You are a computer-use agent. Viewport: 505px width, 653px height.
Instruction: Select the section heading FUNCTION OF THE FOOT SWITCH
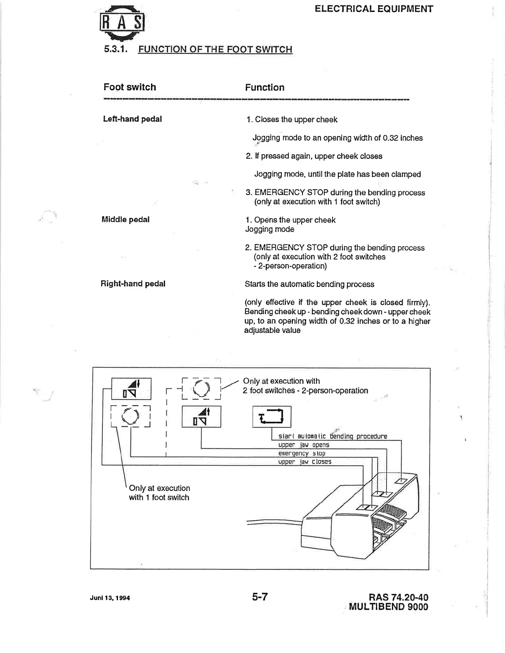215,49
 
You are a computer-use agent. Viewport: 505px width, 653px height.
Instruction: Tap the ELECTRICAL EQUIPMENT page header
373,9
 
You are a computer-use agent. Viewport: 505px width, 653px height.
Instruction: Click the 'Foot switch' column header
130,87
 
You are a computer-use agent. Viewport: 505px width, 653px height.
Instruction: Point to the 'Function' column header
264,87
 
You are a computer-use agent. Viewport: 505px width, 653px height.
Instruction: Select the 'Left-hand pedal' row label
132,119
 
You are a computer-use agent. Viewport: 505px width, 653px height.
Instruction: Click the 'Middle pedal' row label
125,219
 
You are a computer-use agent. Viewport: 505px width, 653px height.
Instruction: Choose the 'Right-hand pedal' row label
133,284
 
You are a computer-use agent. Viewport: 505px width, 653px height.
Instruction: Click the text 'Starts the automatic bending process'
309,284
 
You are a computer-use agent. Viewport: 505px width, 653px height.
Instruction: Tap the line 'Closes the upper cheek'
296,120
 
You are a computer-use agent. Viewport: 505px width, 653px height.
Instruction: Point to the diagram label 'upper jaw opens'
304,445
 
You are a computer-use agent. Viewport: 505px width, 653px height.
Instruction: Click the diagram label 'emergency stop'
302,453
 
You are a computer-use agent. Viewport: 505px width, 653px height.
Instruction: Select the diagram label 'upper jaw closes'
304,462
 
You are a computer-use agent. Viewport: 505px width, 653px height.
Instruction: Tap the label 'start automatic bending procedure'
333,436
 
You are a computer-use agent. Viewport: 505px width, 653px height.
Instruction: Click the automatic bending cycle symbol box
271,417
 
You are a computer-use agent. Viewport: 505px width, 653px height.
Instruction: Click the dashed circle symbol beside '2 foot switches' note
202,389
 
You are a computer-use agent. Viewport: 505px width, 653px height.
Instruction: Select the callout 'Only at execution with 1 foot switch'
159,493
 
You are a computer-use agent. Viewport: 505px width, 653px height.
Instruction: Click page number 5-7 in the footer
260,597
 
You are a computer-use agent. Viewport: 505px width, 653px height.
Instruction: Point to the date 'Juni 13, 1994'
110,598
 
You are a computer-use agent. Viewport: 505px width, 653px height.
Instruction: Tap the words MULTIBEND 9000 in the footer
388,607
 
